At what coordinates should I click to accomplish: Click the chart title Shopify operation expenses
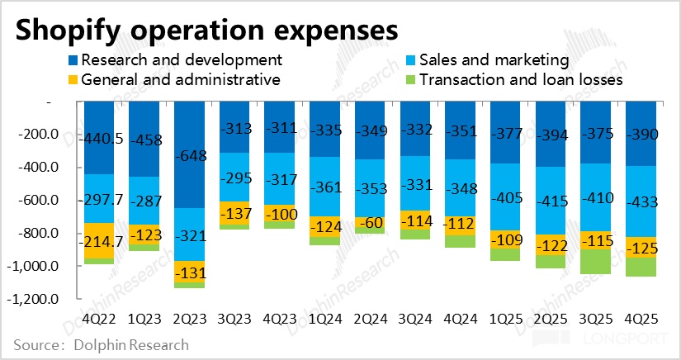[206, 30]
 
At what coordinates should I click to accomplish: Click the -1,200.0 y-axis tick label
[31, 300]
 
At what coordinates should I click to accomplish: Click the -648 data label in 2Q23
[190, 155]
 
